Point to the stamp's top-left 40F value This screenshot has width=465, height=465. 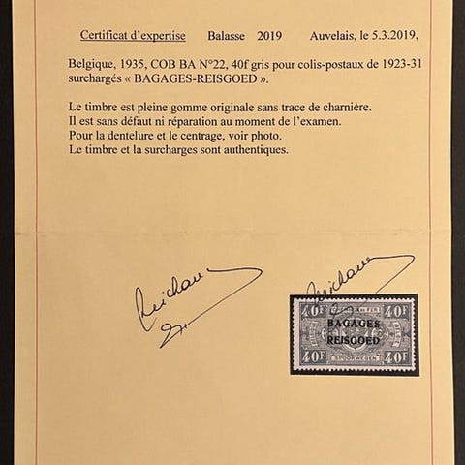[309, 311]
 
